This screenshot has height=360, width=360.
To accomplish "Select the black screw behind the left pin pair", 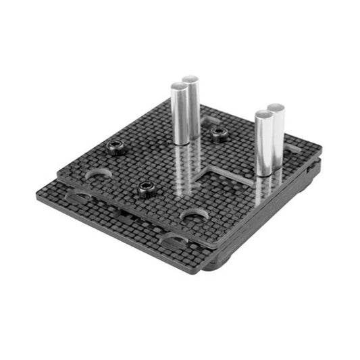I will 217,133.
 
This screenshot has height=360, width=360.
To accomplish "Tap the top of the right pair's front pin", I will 263,115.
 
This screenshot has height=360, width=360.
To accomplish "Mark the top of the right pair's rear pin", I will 276,108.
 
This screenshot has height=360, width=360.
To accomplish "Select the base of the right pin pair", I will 268,172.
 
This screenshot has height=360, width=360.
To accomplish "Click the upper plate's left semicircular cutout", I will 98,174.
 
